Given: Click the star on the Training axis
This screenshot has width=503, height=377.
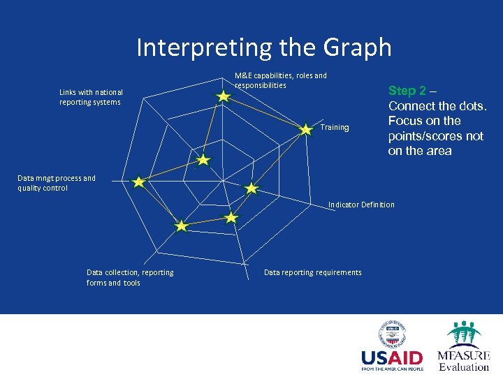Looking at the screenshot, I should tap(306, 129).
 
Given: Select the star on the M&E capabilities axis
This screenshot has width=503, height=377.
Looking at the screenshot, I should tap(223, 96).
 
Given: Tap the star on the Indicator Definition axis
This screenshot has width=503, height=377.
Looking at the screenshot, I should tap(251, 188).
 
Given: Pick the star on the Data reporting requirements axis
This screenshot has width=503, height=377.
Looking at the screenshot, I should tap(231, 218).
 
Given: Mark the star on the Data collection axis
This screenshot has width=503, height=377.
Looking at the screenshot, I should tap(181, 226).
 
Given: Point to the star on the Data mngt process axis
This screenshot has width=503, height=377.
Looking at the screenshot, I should tap(138, 182).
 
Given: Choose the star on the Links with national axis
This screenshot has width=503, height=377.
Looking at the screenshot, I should tap(203, 160).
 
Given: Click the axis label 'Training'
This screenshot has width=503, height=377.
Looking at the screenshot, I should tap(335, 128).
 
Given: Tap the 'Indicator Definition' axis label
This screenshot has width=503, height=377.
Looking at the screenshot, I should tap(361, 205).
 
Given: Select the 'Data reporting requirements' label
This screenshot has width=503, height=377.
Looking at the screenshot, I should tap(312, 272).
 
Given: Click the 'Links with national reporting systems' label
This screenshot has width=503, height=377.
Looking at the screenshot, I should tap(91, 97).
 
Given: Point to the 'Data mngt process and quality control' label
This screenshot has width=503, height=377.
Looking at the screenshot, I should tap(57, 183).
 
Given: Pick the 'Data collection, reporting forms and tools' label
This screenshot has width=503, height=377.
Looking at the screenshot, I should tap(130, 277).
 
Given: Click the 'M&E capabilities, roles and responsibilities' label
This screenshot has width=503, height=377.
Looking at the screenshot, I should tap(280, 80).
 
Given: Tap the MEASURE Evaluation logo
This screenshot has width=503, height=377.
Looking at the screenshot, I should tap(463, 346).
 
